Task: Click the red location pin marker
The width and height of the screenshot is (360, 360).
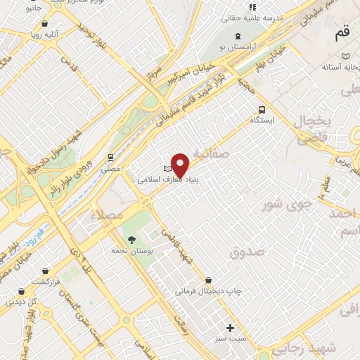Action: click(x=181, y=164)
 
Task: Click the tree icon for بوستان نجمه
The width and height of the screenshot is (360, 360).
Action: click(x=129, y=238)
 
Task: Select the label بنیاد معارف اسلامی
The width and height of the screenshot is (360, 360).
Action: click(x=160, y=180)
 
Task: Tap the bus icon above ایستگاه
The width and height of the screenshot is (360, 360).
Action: click(x=262, y=109)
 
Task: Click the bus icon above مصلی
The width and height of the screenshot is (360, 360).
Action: click(x=110, y=157)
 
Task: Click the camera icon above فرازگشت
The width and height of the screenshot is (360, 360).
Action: click(x=46, y=270)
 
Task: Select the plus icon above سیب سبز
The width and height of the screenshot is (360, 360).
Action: click(x=231, y=328)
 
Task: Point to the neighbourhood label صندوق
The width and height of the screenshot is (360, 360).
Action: click(x=247, y=251)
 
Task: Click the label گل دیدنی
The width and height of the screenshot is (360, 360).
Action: click(x=22, y=300)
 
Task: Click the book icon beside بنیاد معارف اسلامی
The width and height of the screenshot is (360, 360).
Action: click(x=167, y=169)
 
